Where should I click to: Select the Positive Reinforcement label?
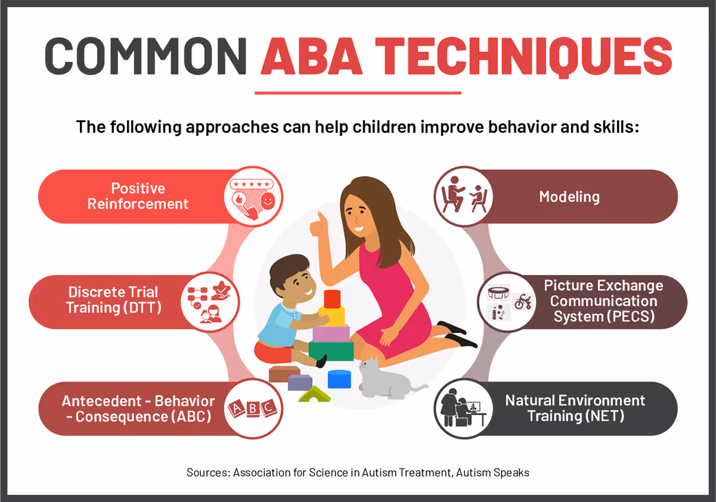[138, 196]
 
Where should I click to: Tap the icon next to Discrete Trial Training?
[209, 302]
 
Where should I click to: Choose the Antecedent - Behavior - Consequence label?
[138, 408]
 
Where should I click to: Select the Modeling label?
[569, 196]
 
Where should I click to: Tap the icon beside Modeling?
[462, 195]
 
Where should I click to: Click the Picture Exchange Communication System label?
[603, 301]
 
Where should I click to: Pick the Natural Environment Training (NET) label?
[575, 408]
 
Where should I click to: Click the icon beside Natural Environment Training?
[462, 409]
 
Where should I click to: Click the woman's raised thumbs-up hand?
[317, 227]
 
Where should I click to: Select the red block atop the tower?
[332, 298]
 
